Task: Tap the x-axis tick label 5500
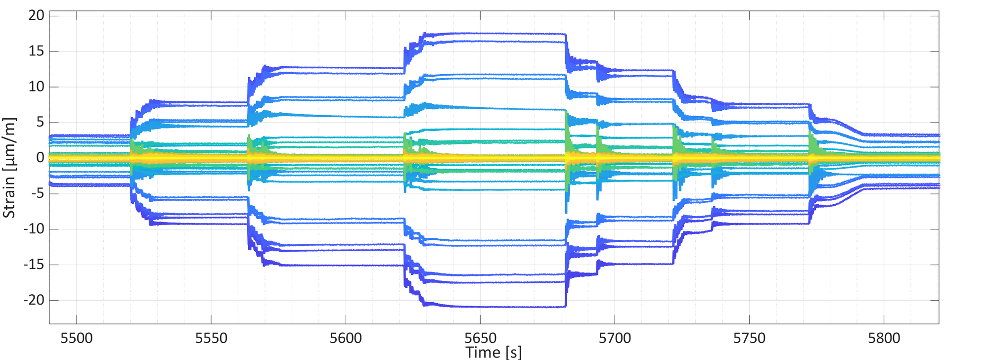coord(77,338)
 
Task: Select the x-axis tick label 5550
coord(211,338)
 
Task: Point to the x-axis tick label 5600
coord(346,338)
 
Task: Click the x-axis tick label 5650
coord(481,338)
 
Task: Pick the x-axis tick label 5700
coord(615,338)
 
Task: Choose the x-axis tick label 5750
coord(750,338)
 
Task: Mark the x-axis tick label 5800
coord(884,338)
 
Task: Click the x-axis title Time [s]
coord(494,352)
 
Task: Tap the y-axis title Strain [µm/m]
coord(10,168)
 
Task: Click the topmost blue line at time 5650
coord(481,33)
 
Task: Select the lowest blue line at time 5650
coord(481,307)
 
